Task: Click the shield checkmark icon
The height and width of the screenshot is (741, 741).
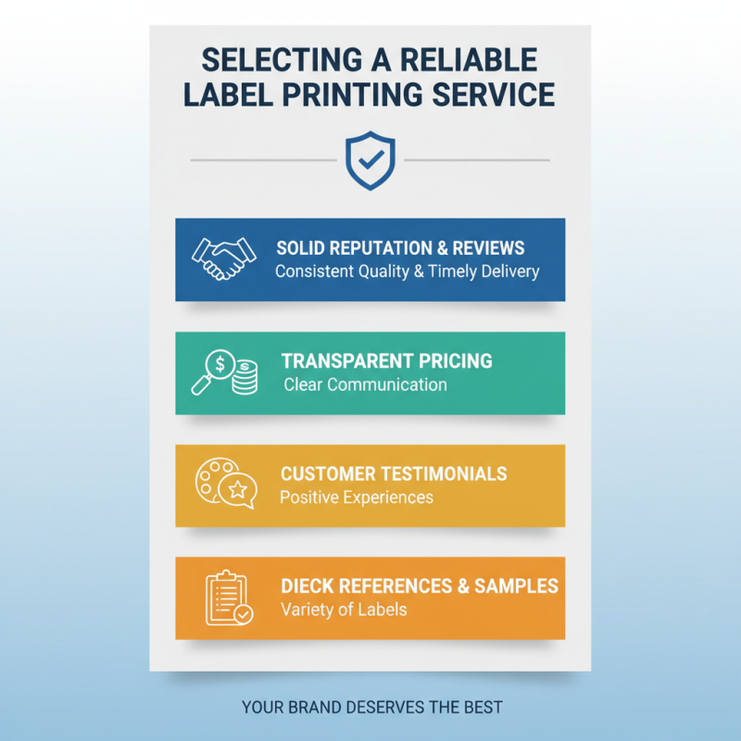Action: [370, 160]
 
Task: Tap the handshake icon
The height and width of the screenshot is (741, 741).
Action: [223, 259]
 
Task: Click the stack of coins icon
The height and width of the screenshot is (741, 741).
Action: [245, 377]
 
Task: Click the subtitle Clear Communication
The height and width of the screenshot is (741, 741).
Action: [365, 384]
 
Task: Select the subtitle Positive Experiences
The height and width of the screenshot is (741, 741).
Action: [356, 497]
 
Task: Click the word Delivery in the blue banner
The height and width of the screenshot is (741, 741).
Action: [509, 272]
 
